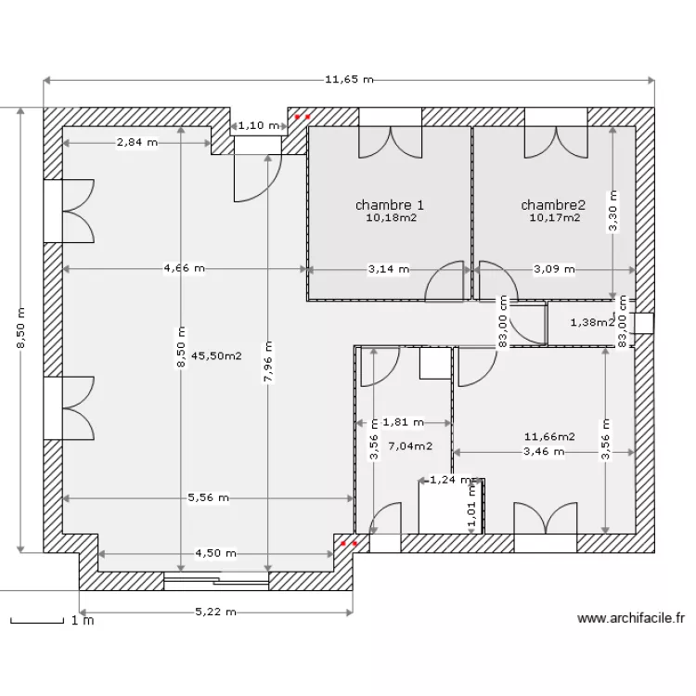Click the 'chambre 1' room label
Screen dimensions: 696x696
390,205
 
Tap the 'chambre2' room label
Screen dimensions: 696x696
553,205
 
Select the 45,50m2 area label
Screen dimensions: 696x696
216,356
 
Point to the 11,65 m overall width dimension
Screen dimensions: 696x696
349,80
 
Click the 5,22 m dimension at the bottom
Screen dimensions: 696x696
215,612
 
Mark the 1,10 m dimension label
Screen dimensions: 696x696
259,125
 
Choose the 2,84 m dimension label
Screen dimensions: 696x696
137,143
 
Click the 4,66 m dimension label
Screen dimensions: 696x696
185,268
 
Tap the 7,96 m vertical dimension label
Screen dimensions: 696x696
268,361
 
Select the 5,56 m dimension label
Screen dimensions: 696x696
208,498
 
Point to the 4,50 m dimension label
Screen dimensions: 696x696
215,553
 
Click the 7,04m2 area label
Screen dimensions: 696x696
410,446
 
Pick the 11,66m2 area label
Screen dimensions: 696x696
549,437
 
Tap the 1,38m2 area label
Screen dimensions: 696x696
592,322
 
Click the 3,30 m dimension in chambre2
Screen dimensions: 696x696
613,212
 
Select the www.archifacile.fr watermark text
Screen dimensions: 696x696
631,618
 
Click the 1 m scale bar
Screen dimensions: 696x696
37,622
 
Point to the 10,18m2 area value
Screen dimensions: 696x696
392,217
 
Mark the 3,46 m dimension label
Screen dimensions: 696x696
544,452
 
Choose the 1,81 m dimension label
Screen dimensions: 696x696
403,422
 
